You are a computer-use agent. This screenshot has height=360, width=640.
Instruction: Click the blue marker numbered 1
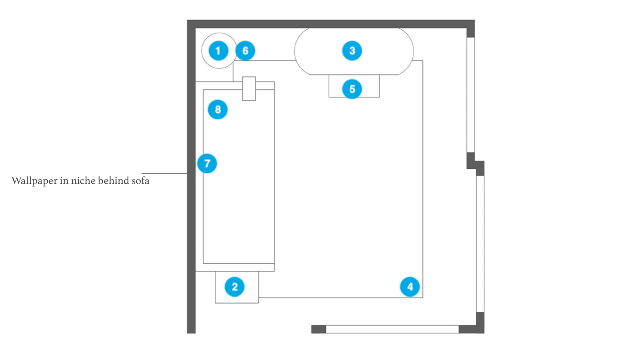pyautogui.click(x=219, y=51)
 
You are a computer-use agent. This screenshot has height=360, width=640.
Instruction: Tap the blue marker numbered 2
pyautogui.click(x=235, y=287)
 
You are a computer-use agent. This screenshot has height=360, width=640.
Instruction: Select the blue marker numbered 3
pyautogui.click(x=352, y=51)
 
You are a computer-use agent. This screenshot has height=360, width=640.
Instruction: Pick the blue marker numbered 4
pyautogui.click(x=410, y=287)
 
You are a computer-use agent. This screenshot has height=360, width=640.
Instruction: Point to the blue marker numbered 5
pyautogui.click(x=352, y=89)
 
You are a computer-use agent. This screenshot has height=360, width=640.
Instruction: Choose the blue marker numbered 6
pyautogui.click(x=245, y=51)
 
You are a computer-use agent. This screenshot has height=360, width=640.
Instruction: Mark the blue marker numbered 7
pyautogui.click(x=207, y=164)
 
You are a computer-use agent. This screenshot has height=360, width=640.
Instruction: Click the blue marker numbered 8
pyautogui.click(x=218, y=109)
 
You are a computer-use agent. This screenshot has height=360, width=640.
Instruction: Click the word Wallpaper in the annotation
pyautogui.click(x=34, y=181)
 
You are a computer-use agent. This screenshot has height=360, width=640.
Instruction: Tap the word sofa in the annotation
pyautogui.click(x=140, y=181)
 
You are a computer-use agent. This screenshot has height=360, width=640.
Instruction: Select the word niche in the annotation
pyautogui.click(x=83, y=181)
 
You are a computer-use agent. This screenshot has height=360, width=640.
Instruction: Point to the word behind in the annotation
pyautogui.click(x=113, y=181)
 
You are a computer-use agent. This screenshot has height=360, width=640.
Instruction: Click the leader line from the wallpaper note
pyautogui.click(x=164, y=173)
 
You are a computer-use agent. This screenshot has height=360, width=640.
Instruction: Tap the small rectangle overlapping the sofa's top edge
pyautogui.click(x=249, y=89)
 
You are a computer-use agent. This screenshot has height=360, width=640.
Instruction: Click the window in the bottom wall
pyautogui.click(x=392, y=329)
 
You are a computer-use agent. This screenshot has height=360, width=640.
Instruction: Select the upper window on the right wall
pyautogui.click(x=470, y=95)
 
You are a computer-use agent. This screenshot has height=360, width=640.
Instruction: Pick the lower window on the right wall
pyautogui.click(x=480, y=244)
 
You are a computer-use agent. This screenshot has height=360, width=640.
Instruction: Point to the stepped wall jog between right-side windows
pyautogui.click(x=475, y=164)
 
